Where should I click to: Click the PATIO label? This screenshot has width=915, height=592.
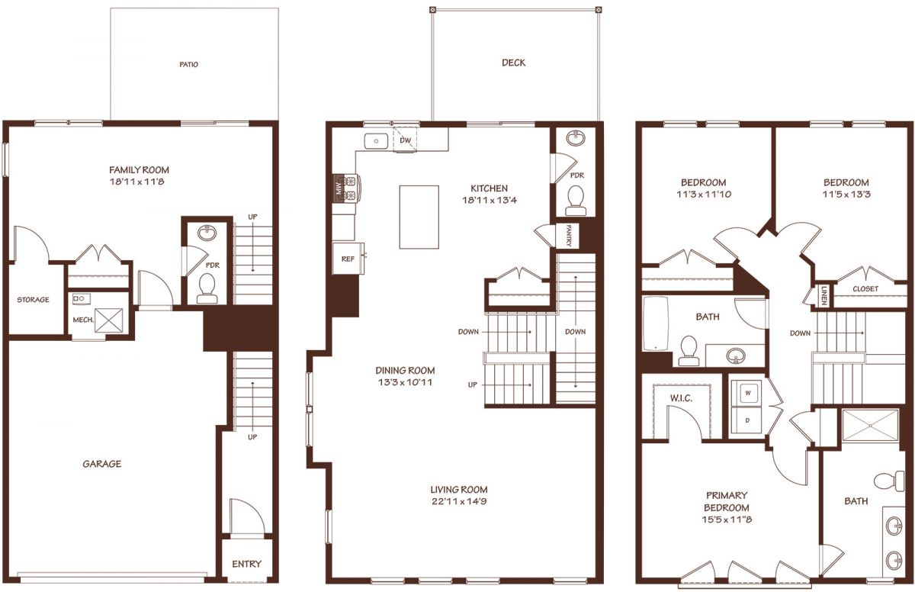[x=189, y=65]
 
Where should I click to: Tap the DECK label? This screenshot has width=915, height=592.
[x=513, y=63]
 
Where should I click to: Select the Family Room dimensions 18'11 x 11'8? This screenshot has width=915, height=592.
[x=136, y=182]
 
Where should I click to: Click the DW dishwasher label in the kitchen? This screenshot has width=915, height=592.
[x=405, y=140]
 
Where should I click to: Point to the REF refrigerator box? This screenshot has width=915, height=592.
[x=348, y=259]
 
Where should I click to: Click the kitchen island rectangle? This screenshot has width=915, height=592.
[x=419, y=217]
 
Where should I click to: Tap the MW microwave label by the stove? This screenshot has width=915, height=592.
[x=339, y=188]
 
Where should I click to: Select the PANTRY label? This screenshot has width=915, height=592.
[x=569, y=235]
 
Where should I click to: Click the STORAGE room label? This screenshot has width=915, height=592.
[x=33, y=300]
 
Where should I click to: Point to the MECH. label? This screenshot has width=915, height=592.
[x=83, y=320]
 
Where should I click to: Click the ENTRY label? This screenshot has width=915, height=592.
[x=246, y=565]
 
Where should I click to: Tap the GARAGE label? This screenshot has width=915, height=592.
[x=101, y=464]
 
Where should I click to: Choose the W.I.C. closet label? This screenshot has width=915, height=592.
[x=681, y=398]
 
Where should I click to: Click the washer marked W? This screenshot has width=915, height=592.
[x=747, y=393]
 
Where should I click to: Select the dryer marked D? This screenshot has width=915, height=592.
[x=747, y=420]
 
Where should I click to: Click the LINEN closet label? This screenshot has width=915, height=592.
[x=823, y=295]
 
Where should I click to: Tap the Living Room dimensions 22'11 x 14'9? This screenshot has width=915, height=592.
[x=459, y=501]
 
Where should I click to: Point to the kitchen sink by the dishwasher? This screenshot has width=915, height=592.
[x=376, y=141]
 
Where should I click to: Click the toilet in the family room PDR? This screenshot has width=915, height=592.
[x=207, y=288]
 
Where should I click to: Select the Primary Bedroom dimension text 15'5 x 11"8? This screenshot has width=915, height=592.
[x=727, y=520]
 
